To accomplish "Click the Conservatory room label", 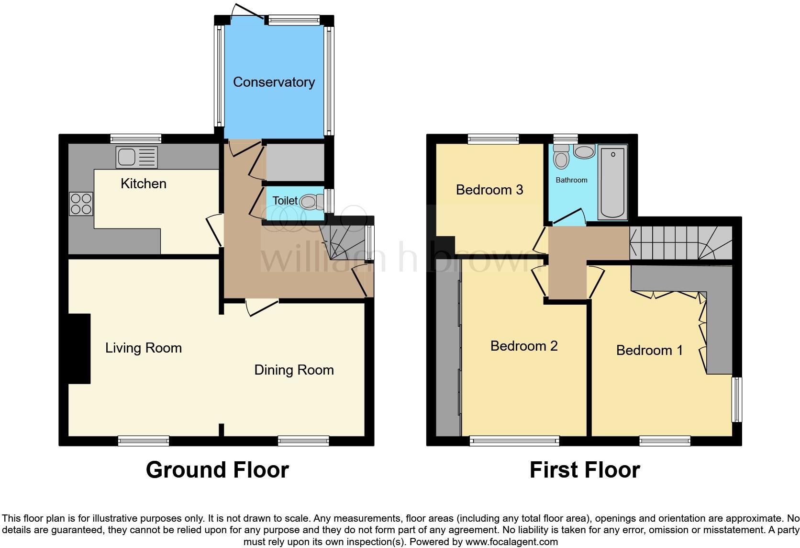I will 274,82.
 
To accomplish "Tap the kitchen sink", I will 136,157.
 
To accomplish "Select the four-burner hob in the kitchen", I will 81,204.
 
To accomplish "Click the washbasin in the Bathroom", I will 584,152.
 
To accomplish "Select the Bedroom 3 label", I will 489,190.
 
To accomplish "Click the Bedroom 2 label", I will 524,346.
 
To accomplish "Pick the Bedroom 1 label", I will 649,350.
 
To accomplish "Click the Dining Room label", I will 294,370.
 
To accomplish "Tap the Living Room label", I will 144,348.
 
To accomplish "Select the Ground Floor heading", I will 217,470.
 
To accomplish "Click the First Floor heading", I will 585,470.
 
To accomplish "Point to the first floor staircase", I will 679,243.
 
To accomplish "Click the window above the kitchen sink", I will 135,138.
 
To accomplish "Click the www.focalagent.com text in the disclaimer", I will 511,542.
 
